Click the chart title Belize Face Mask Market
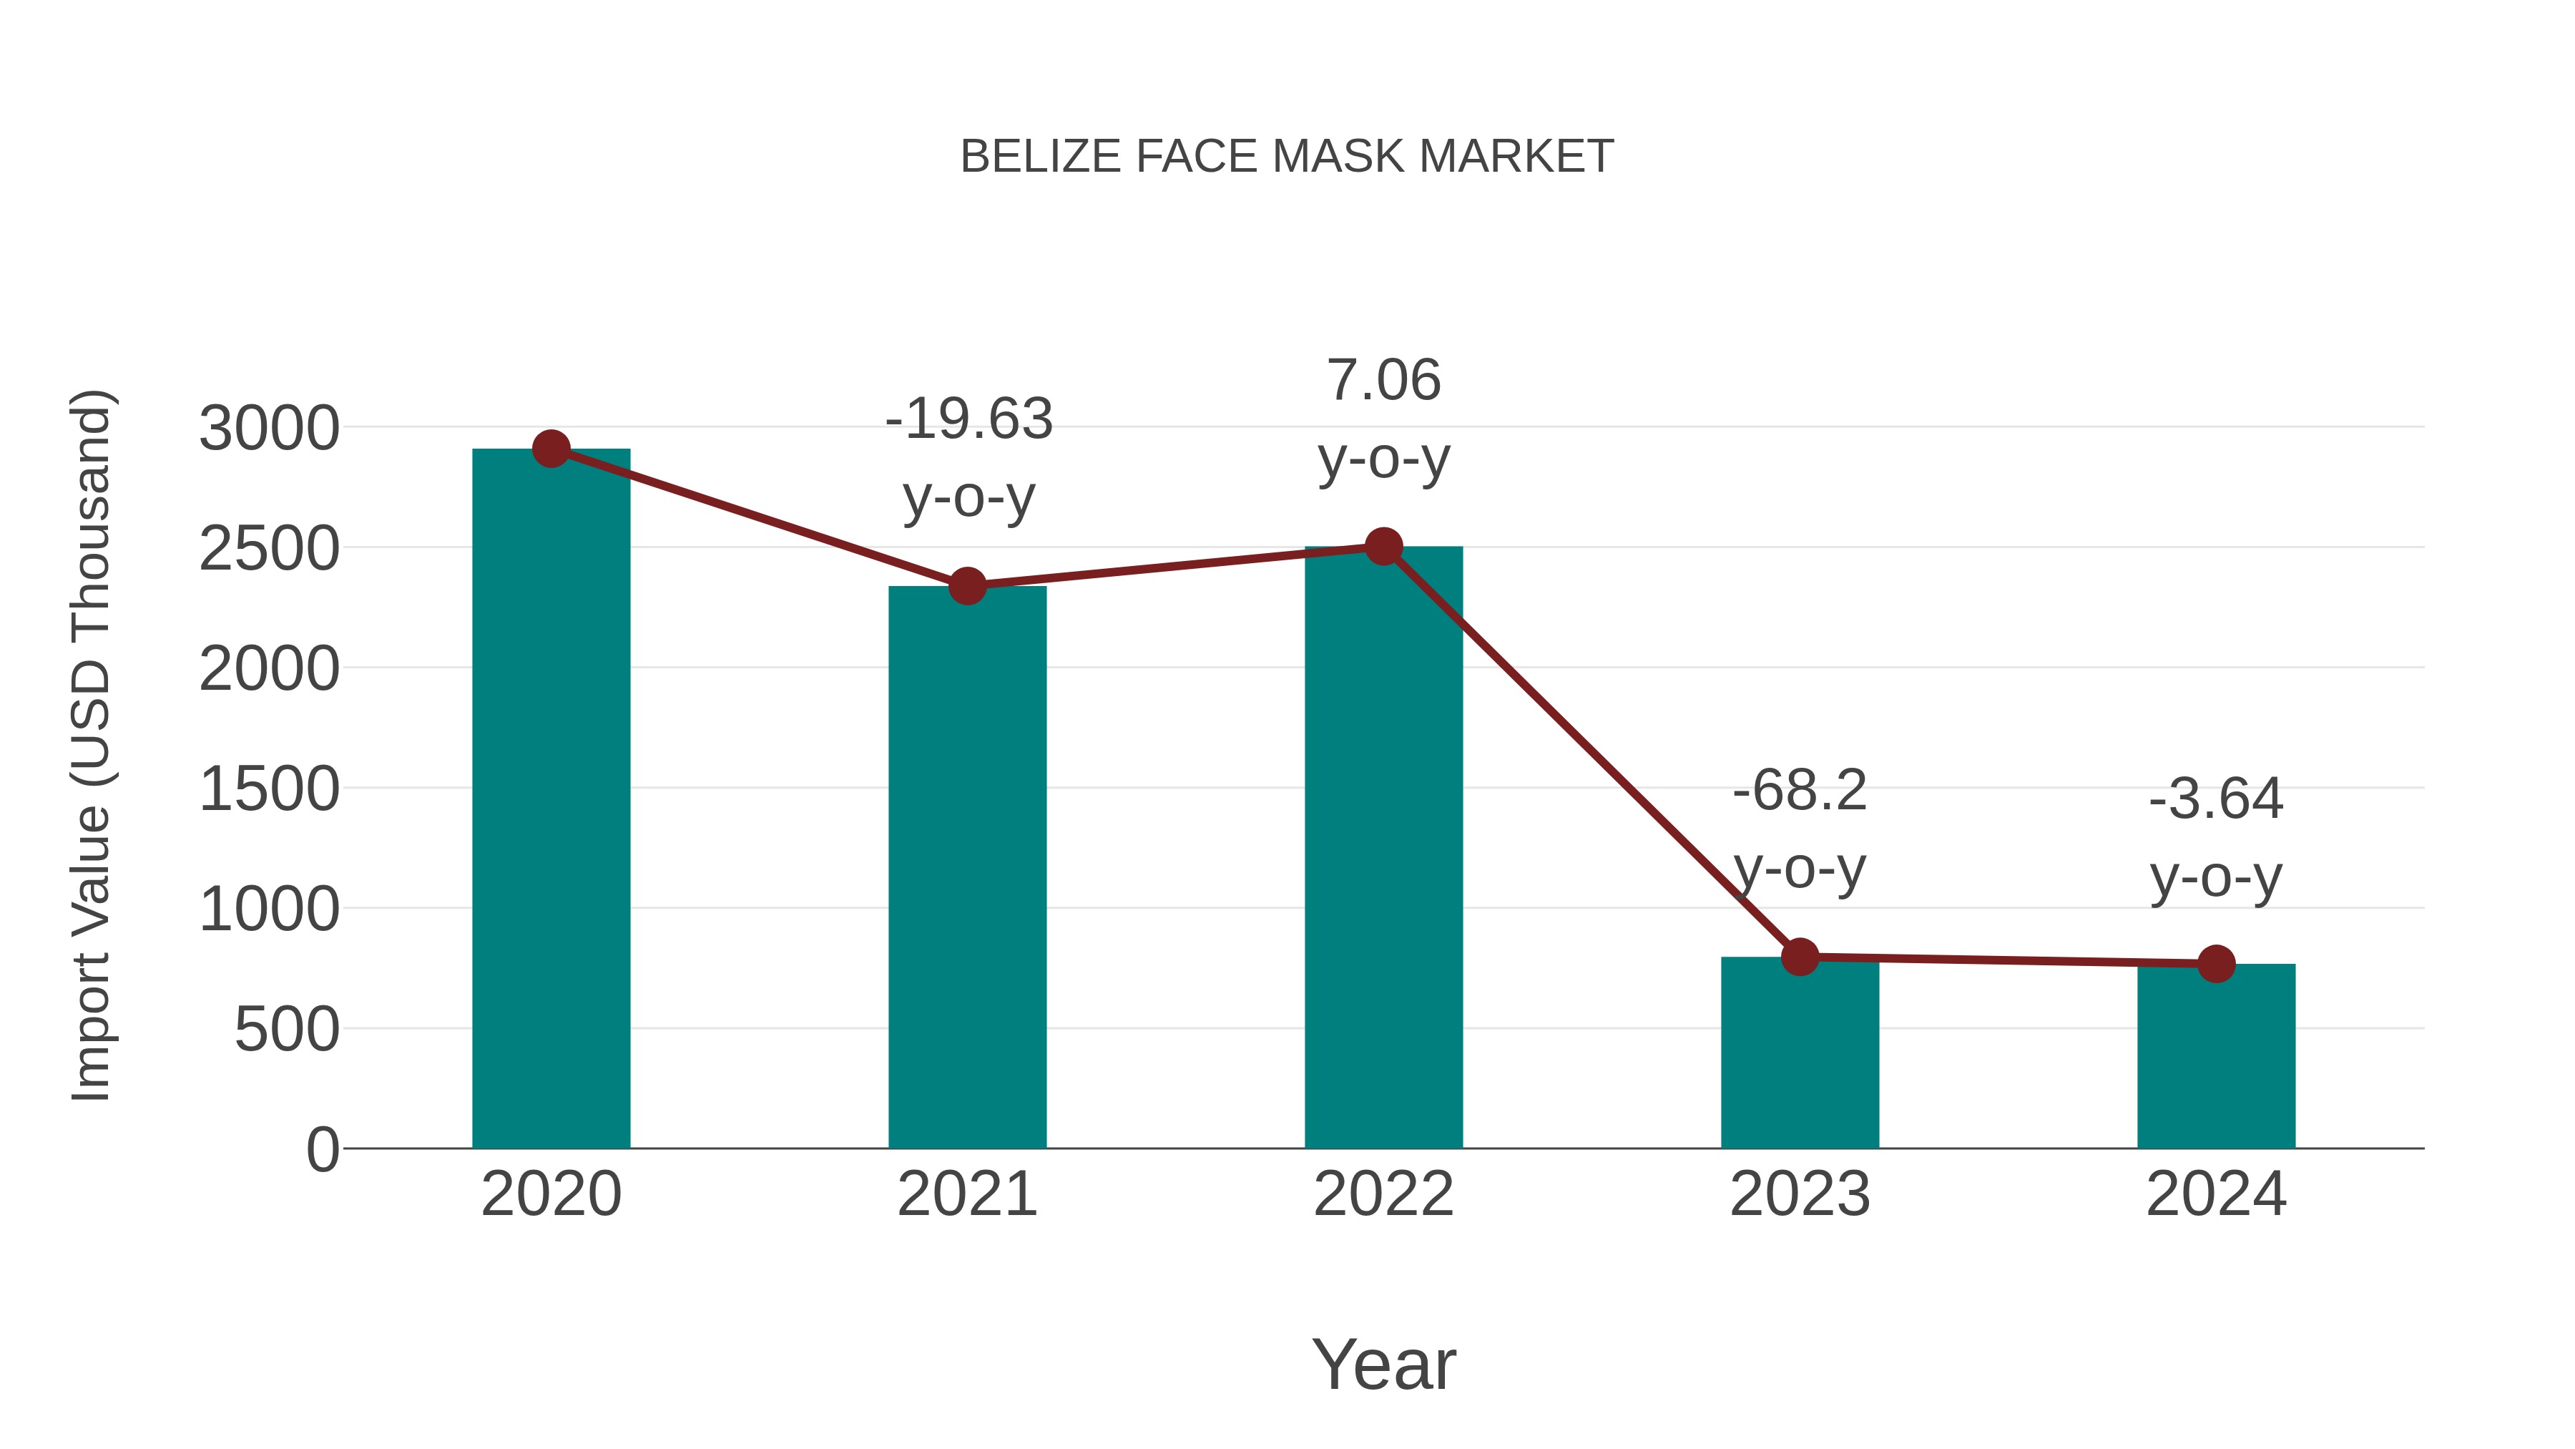tap(1287, 157)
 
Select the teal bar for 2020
tap(551, 800)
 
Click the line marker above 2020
tap(551, 449)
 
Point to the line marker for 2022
tap(1383, 546)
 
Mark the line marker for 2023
tap(1800, 957)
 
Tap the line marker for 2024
tap(2215, 964)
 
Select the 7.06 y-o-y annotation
tap(1383, 419)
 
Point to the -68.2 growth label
tap(1800, 829)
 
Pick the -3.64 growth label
tap(2215, 838)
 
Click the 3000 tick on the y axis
tap(269, 429)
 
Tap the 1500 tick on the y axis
tap(269, 790)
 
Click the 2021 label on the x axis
tap(966, 1194)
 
